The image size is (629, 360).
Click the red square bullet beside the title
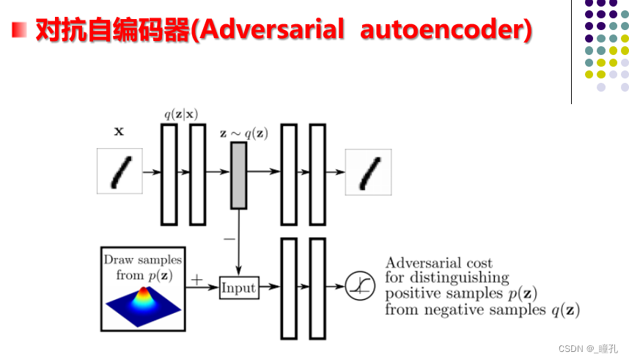tap(20, 30)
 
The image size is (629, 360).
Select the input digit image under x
tap(119, 172)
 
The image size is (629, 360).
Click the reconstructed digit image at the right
tap(368, 172)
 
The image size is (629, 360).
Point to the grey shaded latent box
tap(238, 175)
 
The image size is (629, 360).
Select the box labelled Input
tap(239, 287)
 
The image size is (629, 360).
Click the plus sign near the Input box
tap(196, 279)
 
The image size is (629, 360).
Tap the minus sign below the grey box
tap(229, 238)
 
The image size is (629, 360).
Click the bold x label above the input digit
tap(119, 133)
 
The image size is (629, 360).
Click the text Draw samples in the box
tap(142, 260)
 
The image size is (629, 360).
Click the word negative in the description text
tap(473, 309)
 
